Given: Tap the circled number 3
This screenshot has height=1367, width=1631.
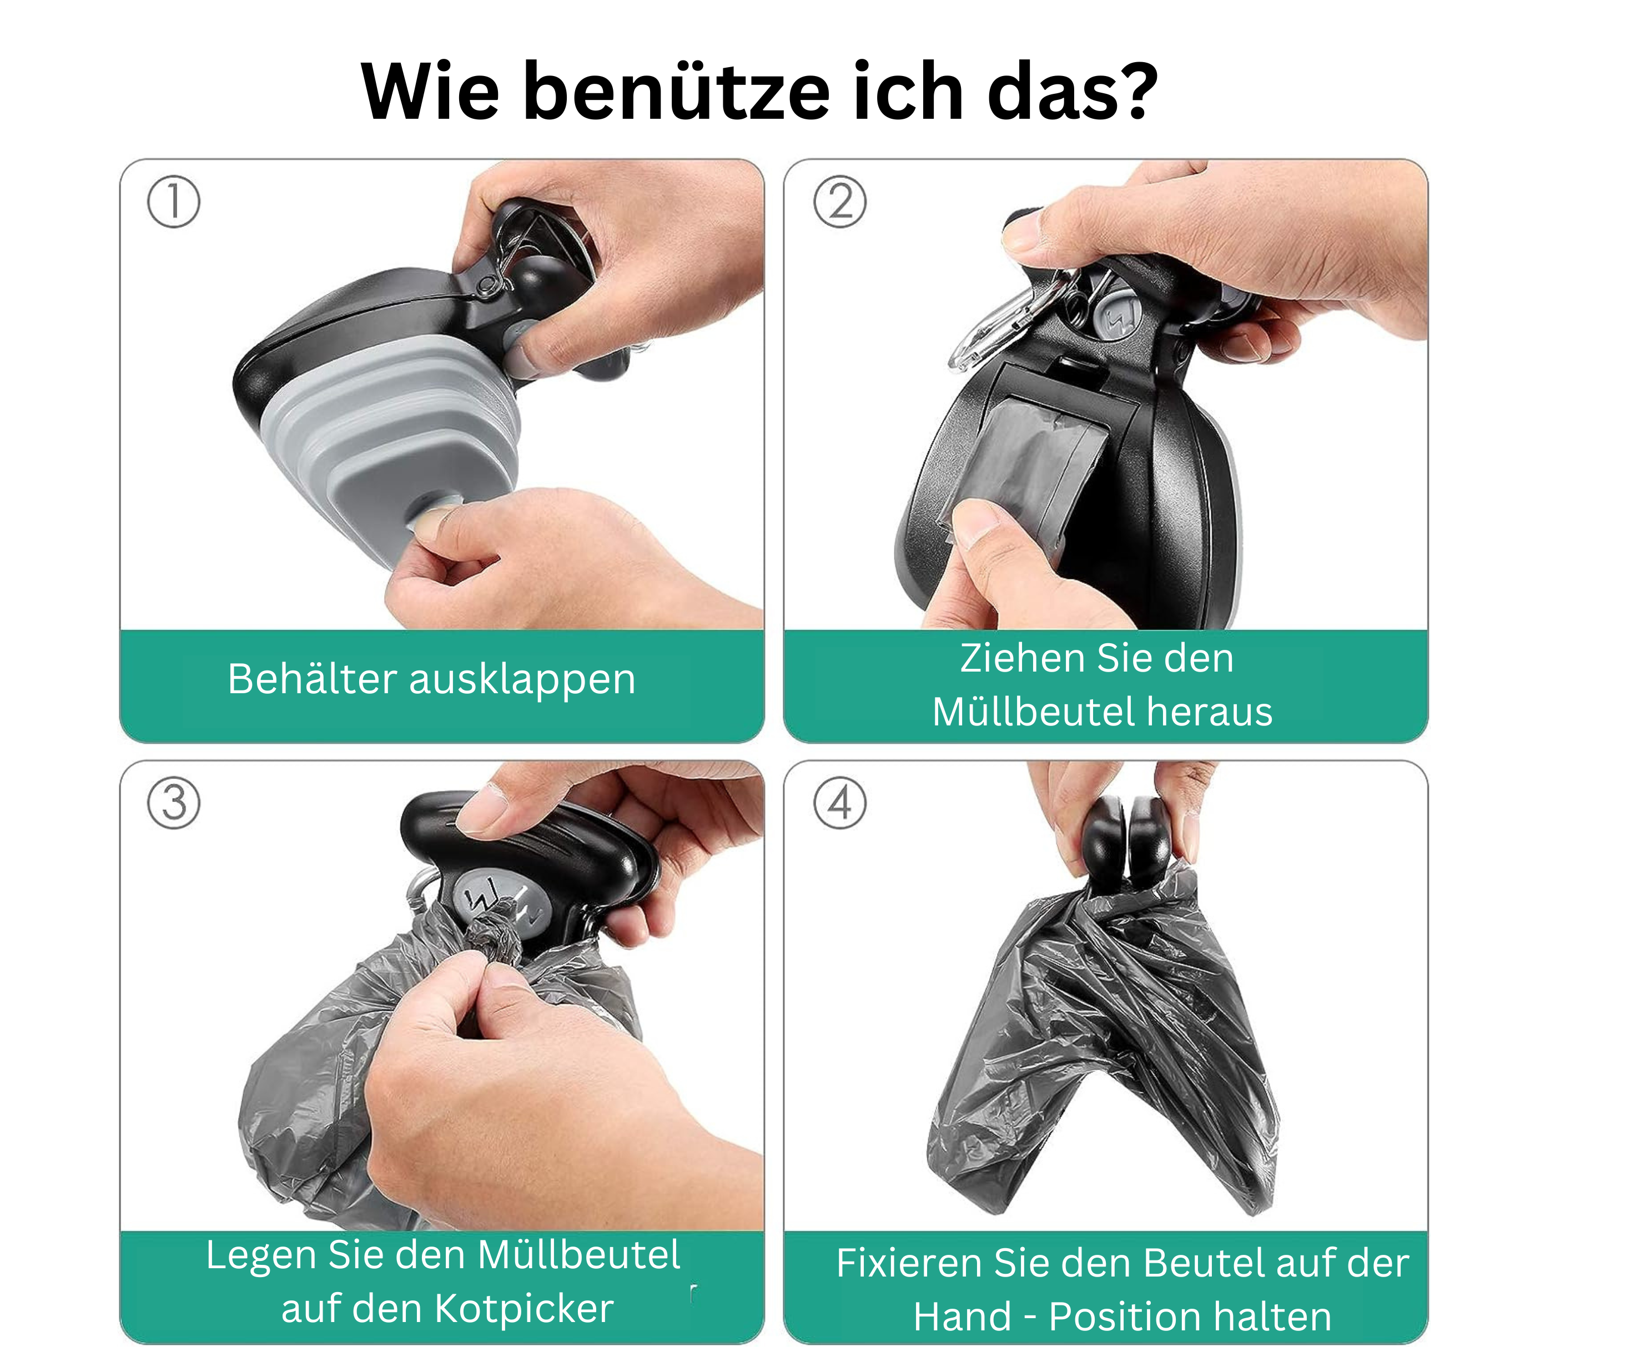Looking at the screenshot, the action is coord(173,803).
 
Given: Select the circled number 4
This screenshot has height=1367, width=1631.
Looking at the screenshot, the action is coord(839,803).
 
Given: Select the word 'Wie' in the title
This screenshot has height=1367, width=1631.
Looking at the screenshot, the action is coord(430,91).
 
